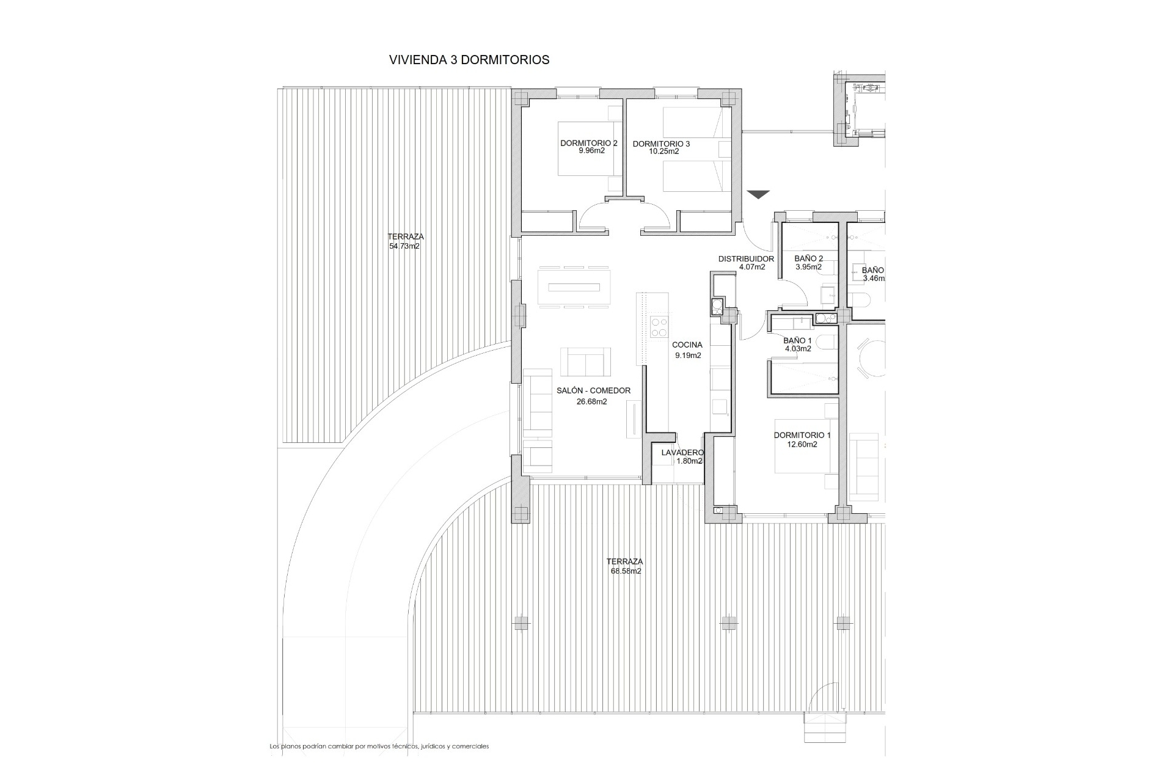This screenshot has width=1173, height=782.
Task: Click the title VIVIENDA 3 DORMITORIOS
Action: (x=469, y=60)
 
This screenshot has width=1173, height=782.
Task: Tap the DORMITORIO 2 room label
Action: (x=589, y=144)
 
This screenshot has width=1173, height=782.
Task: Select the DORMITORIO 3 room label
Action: (x=661, y=144)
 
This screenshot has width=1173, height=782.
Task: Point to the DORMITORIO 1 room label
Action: (x=802, y=436)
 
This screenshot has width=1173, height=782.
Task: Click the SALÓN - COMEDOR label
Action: (x=593, y=391)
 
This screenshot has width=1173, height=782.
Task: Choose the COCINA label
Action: (x=687, y=345)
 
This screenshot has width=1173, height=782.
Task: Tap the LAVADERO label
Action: (x=682, y=453)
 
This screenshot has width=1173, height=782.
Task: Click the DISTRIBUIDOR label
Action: (x=746, y=259)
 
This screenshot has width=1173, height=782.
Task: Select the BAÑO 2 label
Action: (x=808, y=258)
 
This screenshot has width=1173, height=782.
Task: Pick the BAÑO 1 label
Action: (x=797, y=341)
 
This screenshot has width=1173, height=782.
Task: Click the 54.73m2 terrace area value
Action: (x=404, y=247)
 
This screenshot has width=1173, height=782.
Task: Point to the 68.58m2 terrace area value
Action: (x=626, y=571)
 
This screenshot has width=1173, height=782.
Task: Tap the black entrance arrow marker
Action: (x=759, y=195)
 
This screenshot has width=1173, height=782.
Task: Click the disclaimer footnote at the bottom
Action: (x=379, y=746)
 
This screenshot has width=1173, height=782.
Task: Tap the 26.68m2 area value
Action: (x=592, y=401)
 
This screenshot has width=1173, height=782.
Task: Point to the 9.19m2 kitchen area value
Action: (x=688, y=356)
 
